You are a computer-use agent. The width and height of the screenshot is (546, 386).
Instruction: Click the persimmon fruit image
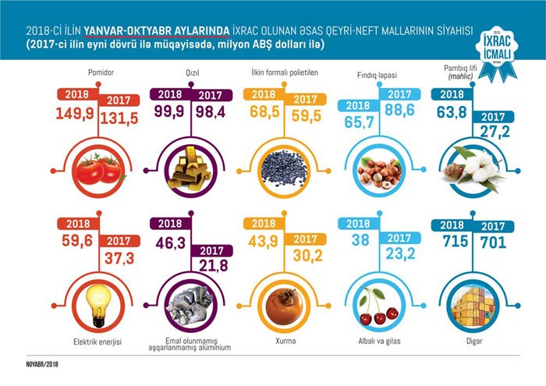click(x=282, y=304)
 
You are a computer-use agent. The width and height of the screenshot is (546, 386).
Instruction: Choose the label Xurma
click(x=282, y=340)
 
